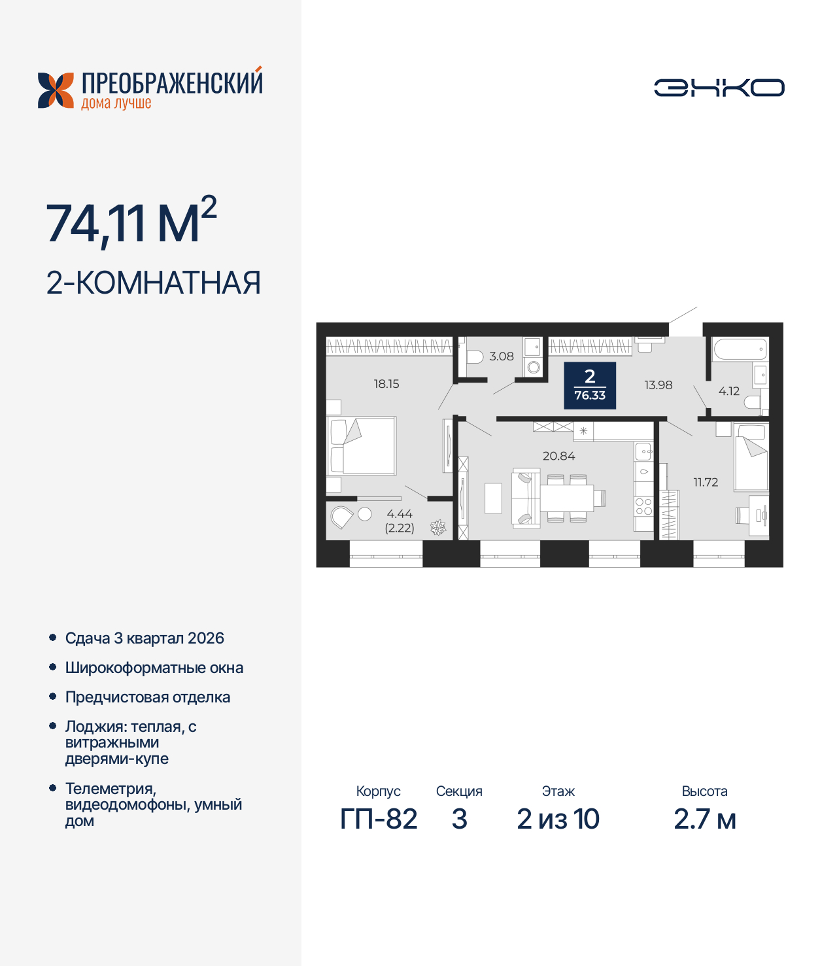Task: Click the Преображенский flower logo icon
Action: coord(56,90)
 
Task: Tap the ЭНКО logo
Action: coord(719,88)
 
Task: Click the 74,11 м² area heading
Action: coord(131,223)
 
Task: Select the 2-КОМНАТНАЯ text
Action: coord(154,283)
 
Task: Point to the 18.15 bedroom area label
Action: coord(386,384)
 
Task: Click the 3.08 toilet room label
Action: coord(502,356)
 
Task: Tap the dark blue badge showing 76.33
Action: coord(590,385)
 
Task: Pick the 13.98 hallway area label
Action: coord(658,385)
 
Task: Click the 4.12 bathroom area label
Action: coord(728,391)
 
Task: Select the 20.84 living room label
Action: coord(558,456)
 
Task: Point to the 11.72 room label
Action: coord(706,482)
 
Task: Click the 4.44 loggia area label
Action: coord(400,514)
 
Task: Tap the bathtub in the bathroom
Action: coord(740,349)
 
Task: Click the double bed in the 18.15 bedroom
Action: coord(363,446)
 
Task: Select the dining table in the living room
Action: coord(566,498)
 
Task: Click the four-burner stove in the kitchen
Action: coord(643,507)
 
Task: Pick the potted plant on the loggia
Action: coord(438,527)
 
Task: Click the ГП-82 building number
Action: coord(379,819)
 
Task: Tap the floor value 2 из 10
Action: coord(558,819)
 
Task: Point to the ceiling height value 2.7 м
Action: coord(704,819)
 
